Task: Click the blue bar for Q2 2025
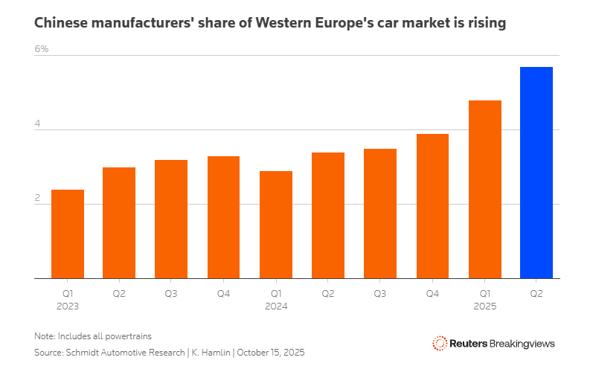536,173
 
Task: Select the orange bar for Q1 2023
67,234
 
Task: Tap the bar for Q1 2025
484,189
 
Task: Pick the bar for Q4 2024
432,206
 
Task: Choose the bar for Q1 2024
275,225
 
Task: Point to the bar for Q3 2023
171,219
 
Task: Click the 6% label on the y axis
41,49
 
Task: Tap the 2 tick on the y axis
37,199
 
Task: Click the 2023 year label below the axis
67,306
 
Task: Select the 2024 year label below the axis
275,306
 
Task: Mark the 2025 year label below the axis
484,306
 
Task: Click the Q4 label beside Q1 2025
432,294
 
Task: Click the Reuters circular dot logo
439,344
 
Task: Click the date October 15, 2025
271,352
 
